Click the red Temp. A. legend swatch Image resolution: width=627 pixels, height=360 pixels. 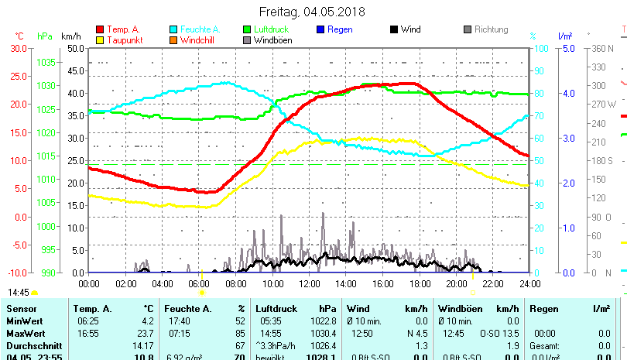100,30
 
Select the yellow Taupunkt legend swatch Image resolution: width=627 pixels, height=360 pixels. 100,40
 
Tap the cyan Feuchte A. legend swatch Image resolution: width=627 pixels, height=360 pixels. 173,30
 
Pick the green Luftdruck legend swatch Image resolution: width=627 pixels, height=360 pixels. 247,30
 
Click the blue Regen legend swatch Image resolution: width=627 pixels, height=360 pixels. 320,30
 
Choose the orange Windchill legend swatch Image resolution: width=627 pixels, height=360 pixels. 173,40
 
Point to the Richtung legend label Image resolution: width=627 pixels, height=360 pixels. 491,30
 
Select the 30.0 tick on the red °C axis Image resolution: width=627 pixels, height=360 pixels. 18,48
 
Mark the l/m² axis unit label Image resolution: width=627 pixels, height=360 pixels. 564,36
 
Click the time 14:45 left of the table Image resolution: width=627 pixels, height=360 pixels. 19,293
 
